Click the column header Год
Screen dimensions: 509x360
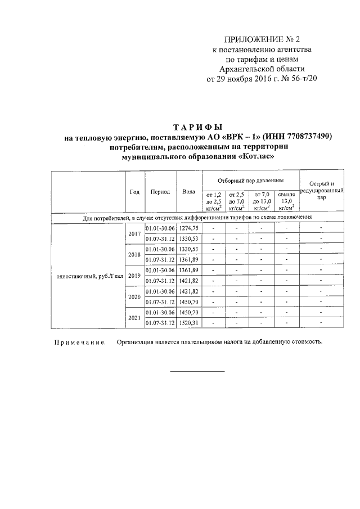click(x=134, y=191)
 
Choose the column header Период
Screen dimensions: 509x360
click(x=160, y=191)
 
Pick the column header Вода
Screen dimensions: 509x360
click(x=188, y=191)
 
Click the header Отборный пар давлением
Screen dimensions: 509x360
click(x=250, y=181)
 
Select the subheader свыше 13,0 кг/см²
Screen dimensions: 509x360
click(x=286, y=201)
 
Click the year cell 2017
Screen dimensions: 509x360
click(x=134, y=233)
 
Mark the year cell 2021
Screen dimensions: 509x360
click(x=134, y=318)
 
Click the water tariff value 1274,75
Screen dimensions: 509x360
click(x=188, y=228)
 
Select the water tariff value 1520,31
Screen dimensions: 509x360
click(x=188, y=323)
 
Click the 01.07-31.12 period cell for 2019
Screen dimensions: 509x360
click(x=160, y=281)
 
